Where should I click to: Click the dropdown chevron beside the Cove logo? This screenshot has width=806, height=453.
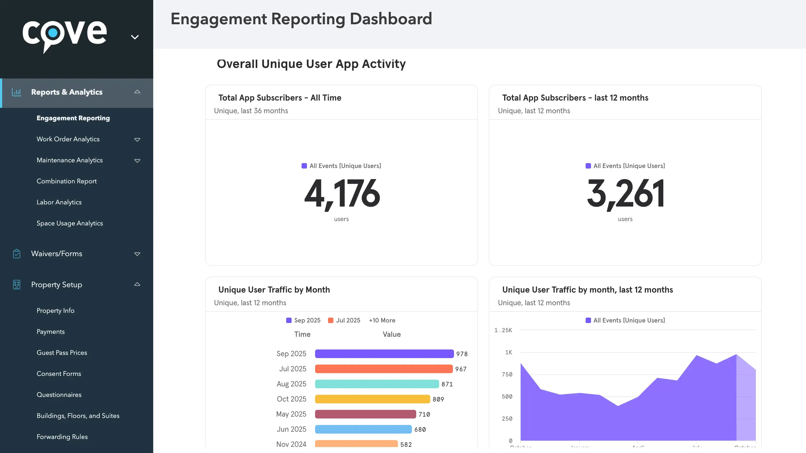135,37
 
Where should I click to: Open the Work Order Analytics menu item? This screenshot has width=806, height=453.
68,139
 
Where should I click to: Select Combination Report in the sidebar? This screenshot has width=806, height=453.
67,181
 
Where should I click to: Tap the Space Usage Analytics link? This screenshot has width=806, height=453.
70,223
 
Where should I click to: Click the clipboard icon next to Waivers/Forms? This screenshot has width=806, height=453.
16,254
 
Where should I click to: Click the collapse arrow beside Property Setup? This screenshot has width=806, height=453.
137,284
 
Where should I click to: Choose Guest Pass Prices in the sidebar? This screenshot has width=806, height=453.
62,353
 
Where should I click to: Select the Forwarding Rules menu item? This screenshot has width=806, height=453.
62,437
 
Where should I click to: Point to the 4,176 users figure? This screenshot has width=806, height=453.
342,194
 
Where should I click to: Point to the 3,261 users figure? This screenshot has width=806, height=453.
625,194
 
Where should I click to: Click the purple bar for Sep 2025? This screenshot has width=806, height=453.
384,354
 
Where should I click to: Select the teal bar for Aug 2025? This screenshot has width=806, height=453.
377,384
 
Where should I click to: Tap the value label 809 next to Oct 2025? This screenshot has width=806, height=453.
438,399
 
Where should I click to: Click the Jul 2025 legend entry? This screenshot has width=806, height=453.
344,320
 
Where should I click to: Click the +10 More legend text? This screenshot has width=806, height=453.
382,320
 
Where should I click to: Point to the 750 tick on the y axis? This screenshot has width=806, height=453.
507,375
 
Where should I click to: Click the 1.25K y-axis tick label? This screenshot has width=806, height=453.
503,330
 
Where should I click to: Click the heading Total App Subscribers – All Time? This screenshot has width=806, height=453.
279,98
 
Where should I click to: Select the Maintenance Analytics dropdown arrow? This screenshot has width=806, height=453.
137,161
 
